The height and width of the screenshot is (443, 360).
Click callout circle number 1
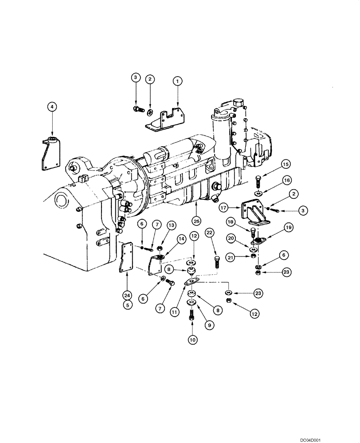point(177,81)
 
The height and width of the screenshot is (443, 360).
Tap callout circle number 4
point(52,106)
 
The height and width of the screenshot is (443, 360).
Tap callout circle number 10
point(192,340)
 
